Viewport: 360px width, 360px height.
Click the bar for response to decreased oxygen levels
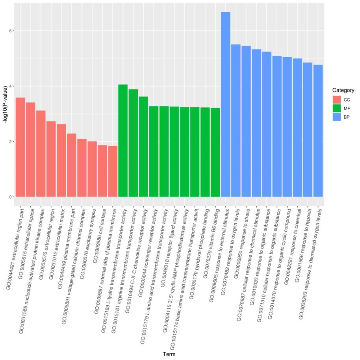[x=318, y=130]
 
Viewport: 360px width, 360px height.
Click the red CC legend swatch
[x=336, y=100]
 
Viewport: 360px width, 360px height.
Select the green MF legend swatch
[x=336, y=108]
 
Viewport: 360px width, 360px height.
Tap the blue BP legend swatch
[x=336, y=117]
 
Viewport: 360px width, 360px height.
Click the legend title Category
[x=343, y=90]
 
